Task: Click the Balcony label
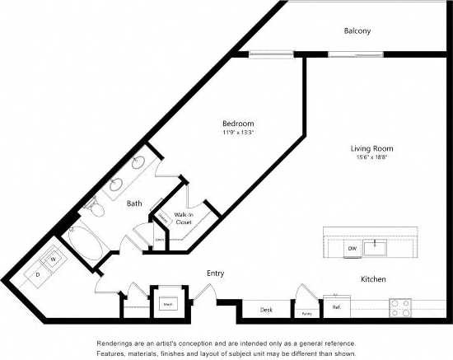(357, 31)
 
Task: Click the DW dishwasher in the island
(352, 247)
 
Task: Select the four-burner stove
(399, 308)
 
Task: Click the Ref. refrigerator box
(336, 307)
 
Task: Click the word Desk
(266, 310)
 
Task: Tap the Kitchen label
(373, 280)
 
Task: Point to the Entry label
(214, 274)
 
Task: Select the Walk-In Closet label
(183, 217)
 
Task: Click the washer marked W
(52, 259)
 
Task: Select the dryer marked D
(36, 275)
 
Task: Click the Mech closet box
(167, 303)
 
